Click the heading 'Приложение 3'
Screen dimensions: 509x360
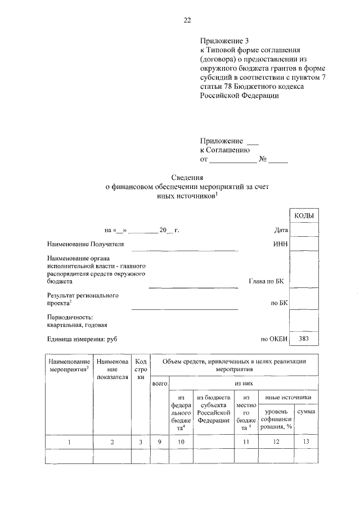point(224,41)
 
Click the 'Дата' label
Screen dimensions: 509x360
point(281,230)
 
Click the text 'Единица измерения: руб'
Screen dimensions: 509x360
point(82,339)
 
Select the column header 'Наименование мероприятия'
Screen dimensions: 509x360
point(69,365)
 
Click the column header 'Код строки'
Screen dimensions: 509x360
point(141,369)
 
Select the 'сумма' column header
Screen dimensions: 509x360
point(305,412)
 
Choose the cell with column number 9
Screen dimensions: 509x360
point(160,442)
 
